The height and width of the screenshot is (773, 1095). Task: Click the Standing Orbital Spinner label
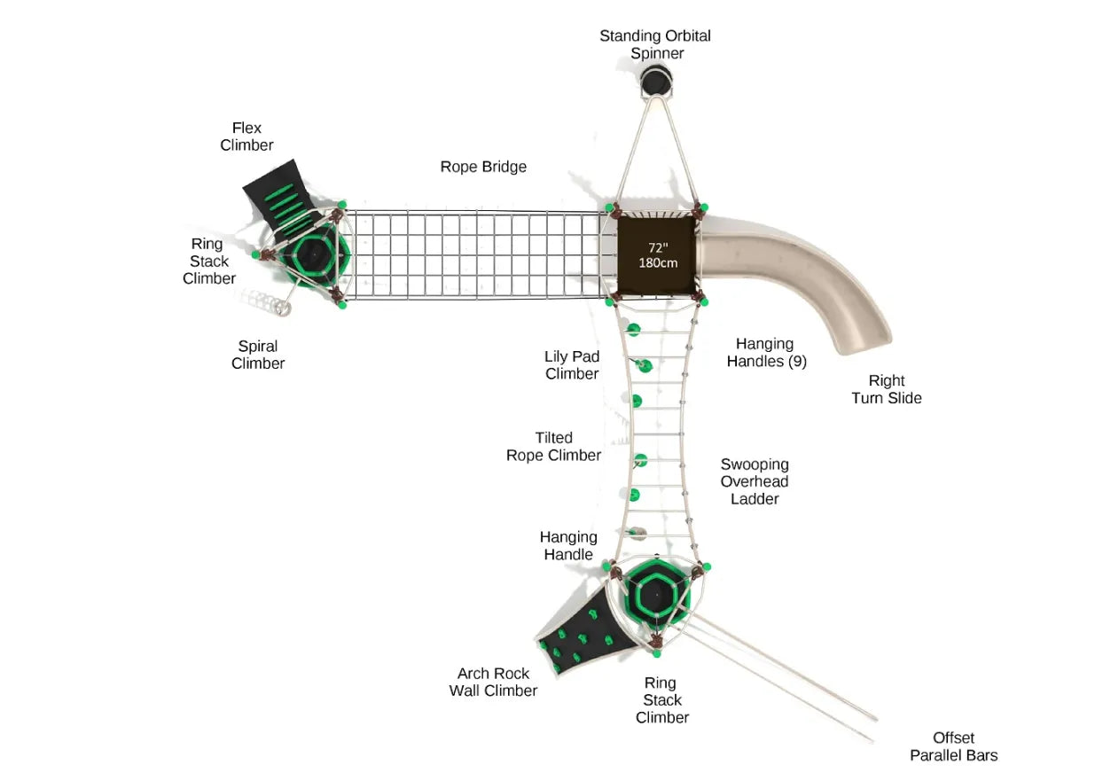coord(655,44)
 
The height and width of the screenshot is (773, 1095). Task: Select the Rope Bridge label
coord(483,167)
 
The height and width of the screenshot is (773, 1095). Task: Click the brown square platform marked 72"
coord(657,256)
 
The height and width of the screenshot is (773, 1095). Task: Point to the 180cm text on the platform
coord(657,263)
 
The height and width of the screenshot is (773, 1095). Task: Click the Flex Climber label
coord(246,137)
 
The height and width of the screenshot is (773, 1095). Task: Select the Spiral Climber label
coord(258,355)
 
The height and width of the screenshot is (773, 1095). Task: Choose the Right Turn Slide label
coord(887,389)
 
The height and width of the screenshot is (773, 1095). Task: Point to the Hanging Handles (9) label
coord(766,352)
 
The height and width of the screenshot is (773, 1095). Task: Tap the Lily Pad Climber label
coord(572,365)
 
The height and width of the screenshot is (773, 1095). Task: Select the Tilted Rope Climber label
coord(553,447)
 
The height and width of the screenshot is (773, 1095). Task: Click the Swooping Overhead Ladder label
coord(755,481)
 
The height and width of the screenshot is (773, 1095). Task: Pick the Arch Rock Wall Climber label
coord(493,682)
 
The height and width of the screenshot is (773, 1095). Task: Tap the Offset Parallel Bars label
coord(953,746)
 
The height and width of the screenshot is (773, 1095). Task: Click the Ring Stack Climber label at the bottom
coord(661,699)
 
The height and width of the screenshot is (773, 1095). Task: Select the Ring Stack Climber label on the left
coord(209,261)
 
